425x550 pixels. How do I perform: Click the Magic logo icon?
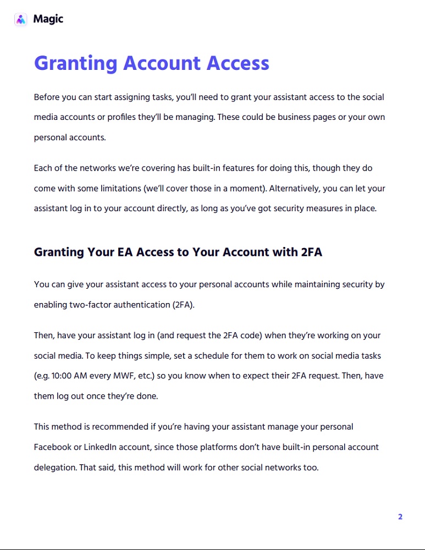(x=20, y=19)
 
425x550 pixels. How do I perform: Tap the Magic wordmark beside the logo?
(x=48, y=19)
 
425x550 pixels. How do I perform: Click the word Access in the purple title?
(x=238, y=63)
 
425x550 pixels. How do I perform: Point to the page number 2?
(x=400, y=516)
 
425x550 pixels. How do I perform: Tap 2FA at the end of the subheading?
(x=311, y=252)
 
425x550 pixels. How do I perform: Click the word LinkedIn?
(x=99, y=447)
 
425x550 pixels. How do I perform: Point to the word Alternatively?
(x=294, y=188)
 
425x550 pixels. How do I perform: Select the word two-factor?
(x=90, y=305)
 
